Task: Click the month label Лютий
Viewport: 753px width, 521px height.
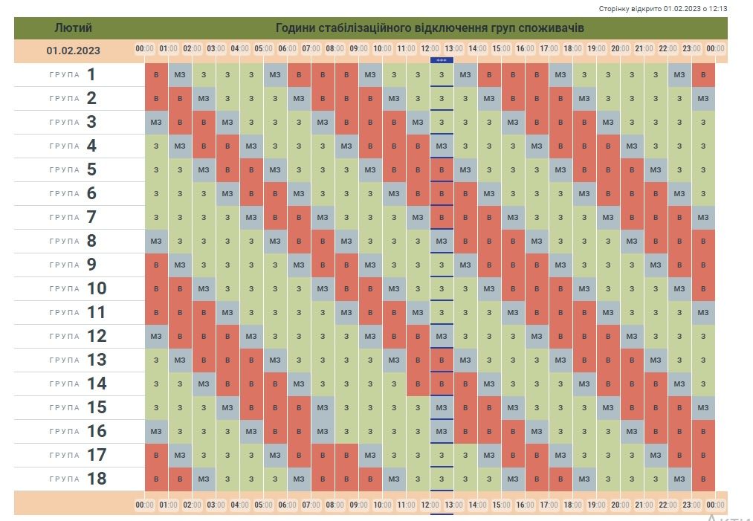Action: click(73, 28)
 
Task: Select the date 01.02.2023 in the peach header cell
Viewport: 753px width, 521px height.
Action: click(73, 51)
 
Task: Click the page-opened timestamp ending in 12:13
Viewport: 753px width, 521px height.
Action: click(663, 9)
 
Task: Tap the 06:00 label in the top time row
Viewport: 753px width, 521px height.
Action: click(287, 49)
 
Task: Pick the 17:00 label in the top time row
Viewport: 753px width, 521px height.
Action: click(549, 49)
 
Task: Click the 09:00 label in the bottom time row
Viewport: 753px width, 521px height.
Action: click(358, 505)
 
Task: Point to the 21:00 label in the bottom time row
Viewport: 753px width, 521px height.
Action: click(644, 505)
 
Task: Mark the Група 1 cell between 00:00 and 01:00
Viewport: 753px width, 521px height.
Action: click(156, 75)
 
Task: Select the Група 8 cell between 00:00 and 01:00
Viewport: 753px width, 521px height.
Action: click(156, 242)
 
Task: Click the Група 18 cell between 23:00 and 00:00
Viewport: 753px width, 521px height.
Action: click(703, 479)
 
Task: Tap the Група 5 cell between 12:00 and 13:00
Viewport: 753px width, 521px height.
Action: click(442, 170)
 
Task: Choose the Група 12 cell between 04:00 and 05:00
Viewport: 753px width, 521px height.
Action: click(251, 337)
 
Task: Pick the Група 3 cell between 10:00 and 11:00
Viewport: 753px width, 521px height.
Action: click(394, 123)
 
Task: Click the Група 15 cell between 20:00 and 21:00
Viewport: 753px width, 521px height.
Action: click(632, 408)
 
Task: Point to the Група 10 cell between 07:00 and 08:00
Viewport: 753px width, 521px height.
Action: click(323, 289)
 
